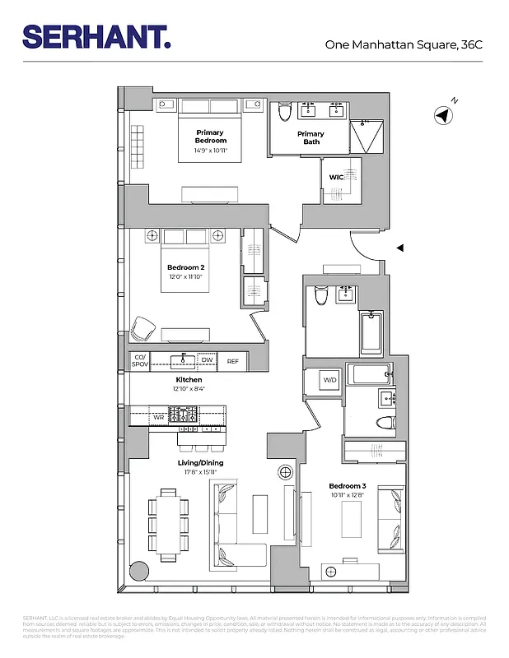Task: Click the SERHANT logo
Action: (x=96, y=36)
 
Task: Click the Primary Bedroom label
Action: (x=211, y=137)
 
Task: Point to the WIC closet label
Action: (x=336, y=176)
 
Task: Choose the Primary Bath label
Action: (x=311, y=137)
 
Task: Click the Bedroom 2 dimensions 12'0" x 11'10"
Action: (x=185, y=278)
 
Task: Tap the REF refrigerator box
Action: (x=233, y=361)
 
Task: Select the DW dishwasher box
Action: (x=207, y=361)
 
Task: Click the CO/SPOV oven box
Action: (x=139, y=361)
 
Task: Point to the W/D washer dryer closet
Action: (x=329, y=380)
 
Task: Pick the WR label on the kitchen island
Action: (x=159, y=418)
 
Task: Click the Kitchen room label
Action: (x=189, y=379)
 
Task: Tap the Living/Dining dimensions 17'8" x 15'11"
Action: (x=201, y=472)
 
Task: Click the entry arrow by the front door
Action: (x=400, y=247)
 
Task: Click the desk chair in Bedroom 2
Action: (x=143, y=327)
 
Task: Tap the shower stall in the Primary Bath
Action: (x=363, y=136)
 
